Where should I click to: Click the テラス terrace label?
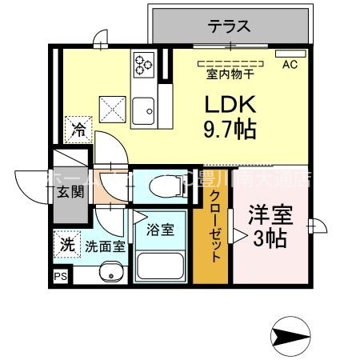(230, 26)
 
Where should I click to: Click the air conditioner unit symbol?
(287, 54)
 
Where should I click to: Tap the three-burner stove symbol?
(144, 63)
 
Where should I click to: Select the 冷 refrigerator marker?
(78, 128)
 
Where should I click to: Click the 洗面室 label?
(105, 246)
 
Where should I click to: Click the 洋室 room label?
(270, 216)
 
